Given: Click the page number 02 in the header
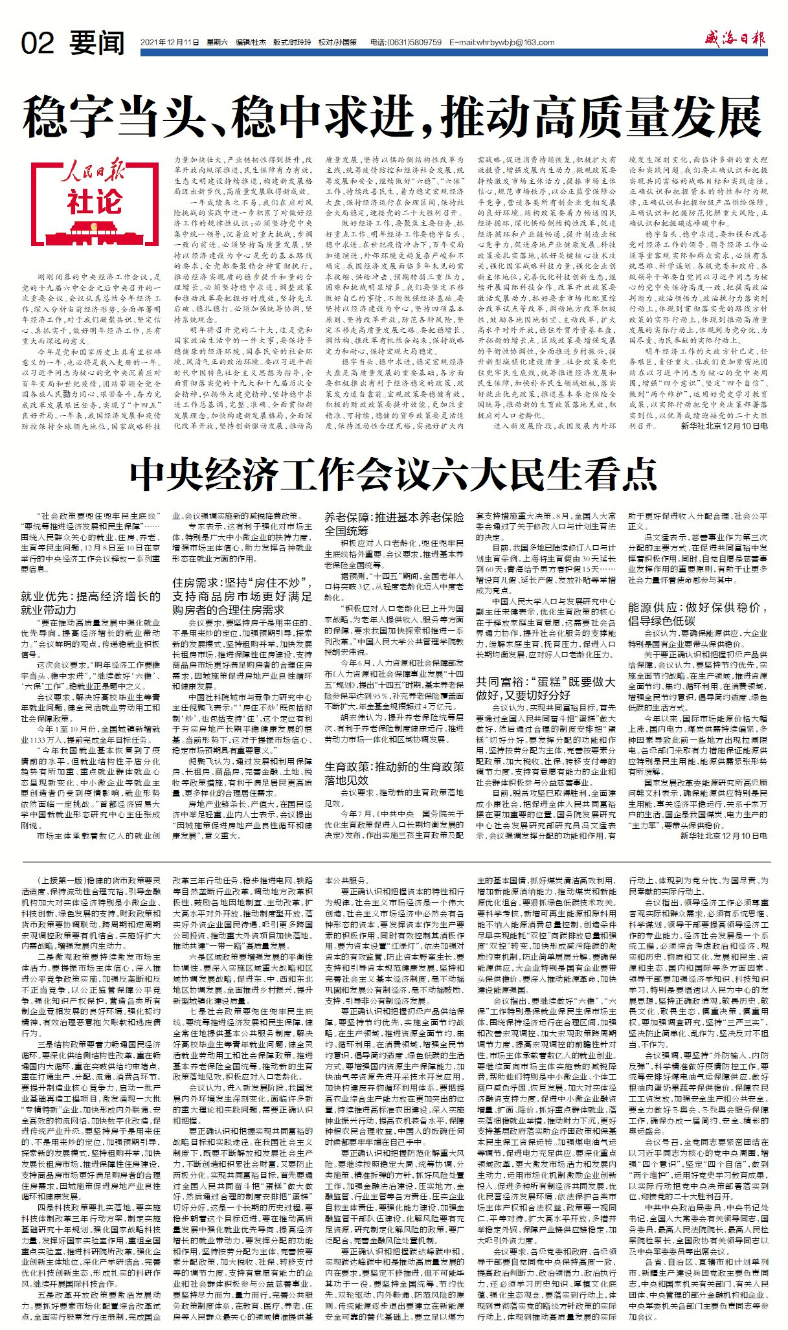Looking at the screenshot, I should click(x=38, y=43).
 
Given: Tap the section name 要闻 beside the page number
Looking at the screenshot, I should click(x=98, y=43).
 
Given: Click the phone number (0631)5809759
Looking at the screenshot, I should click(x=414, y=43).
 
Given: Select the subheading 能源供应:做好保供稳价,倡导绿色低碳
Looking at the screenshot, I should click(x=697, y=614).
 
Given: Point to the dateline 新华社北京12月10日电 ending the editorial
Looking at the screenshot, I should click(x=724, y=427).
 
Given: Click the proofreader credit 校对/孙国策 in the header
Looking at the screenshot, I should click(x=337, y=43).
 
